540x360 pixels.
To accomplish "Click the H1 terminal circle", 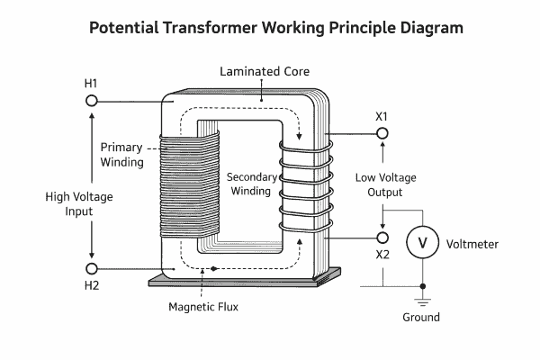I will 91,101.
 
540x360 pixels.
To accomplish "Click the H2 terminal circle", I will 91,268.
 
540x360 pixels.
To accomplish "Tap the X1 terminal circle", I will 382,133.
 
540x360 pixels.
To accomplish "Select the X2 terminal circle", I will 382,238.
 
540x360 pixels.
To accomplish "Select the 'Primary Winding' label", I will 121,154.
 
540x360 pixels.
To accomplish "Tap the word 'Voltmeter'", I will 472,244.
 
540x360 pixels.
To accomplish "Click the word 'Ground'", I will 421,318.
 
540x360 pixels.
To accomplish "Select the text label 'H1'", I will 91,84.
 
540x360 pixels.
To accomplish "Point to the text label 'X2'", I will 382,255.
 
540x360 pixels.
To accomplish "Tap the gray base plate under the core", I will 243,281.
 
